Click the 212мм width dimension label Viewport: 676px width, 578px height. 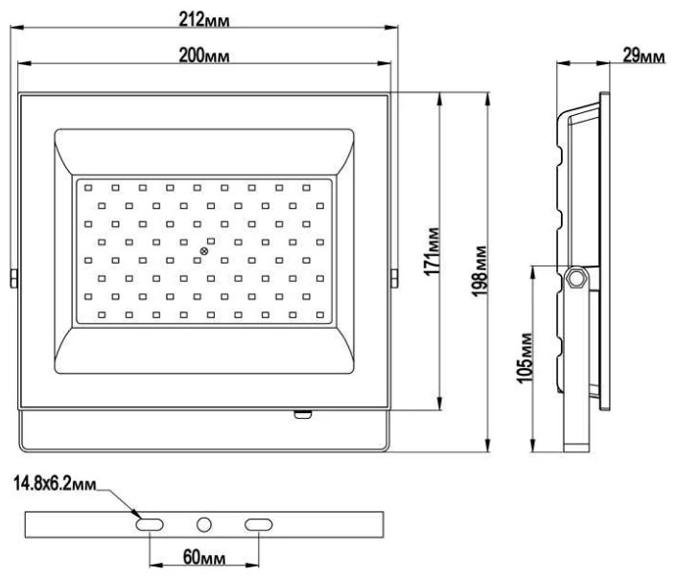204,20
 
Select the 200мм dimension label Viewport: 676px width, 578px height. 204,56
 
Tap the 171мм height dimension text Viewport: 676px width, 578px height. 432,251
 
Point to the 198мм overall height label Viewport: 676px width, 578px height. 479,270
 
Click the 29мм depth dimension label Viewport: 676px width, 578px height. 643,56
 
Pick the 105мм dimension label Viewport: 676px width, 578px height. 524,358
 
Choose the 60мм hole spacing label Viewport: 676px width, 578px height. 204,557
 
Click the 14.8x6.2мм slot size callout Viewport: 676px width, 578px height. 55,484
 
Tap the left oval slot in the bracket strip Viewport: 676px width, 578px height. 150,524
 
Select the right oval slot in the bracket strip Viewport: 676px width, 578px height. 258,524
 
